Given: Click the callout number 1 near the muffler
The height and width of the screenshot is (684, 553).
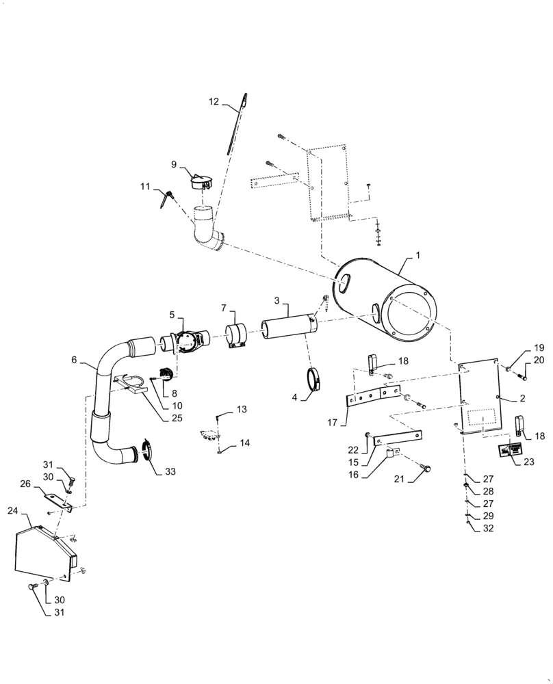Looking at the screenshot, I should point(418,254).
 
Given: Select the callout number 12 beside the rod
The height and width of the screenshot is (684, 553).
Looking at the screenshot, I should point(214,101).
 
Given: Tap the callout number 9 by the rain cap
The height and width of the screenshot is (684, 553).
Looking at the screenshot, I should point(174,164).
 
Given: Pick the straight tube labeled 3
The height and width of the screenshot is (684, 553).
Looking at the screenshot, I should point(289,325).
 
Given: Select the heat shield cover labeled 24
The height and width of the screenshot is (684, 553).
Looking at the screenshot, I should point(42,553).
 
